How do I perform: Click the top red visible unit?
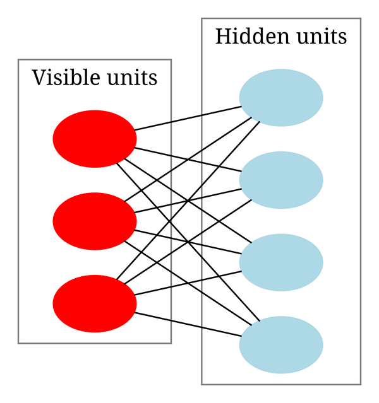pyautogui.click(x=94, y=139)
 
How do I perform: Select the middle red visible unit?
pyautogui.click(x=94, y=221)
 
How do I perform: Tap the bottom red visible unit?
pyautogui.click(x=94, y=303)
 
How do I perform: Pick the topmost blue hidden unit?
pyautogui.click(x=281, y=98)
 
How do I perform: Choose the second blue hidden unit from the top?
pyautogui.click(x=281, y=180)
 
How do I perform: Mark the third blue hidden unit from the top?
pyautogui.click(x=281, y=262)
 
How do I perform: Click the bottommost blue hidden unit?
pyautogui.click(x=281, y=344)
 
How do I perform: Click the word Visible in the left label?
pyautogui.click(x=61, y=78)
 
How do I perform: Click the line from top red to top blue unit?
pyautogui.click(x=188, y=119)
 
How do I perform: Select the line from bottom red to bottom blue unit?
pyautogui.click(x=188, y=324)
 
